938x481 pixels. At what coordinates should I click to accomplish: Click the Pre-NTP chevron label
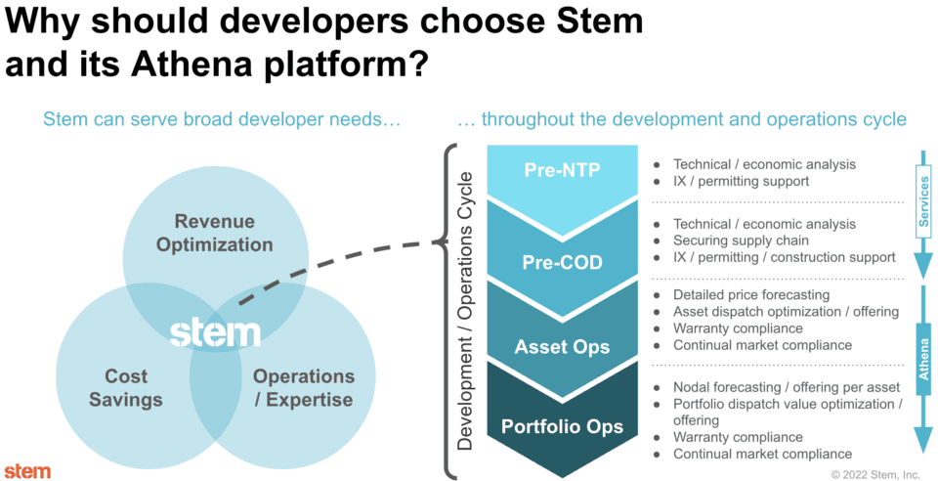563,170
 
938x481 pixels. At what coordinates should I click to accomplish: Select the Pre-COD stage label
563,262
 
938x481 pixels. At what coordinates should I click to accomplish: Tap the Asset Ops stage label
563,346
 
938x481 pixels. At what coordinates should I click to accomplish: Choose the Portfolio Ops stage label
563,427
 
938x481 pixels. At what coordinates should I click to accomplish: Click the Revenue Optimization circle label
215,233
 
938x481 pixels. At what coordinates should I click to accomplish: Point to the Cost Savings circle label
126,388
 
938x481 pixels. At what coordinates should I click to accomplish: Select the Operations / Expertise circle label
303,388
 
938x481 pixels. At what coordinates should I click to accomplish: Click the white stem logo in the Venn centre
215,333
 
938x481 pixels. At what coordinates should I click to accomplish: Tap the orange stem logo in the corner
28,471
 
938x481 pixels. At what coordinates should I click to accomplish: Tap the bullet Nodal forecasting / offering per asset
778,387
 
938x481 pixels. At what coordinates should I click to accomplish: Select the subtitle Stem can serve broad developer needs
222,119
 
